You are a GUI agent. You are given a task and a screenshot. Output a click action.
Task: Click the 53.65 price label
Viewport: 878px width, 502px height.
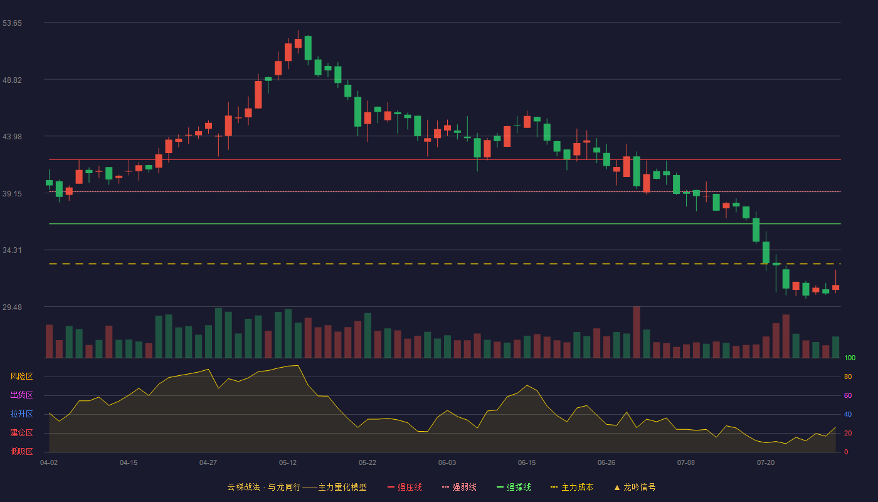(12, 23)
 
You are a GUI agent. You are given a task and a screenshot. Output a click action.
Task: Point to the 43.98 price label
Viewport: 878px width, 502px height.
(12, 137)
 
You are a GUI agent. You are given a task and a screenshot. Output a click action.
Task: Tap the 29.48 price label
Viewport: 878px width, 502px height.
(12, 307)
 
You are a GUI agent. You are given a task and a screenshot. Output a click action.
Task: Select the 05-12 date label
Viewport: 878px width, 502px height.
(288, 463)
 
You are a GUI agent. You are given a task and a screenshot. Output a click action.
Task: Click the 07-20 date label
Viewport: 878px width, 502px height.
(766, 463)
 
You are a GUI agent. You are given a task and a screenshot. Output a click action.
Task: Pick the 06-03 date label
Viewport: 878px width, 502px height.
(447, 463)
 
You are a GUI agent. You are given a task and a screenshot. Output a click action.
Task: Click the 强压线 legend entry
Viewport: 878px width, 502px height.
(405, 487)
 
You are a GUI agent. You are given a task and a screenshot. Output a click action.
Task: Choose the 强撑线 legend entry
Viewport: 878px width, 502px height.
(514, 487)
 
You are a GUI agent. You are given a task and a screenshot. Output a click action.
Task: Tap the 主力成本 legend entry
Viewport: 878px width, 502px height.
(572, 487)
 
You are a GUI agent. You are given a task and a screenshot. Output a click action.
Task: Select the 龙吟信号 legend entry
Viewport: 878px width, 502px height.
(635, 487)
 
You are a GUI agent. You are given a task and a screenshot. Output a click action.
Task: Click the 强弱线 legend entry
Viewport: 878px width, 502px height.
(459, 487)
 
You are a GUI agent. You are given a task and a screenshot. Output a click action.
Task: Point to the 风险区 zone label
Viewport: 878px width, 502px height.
(21, 376)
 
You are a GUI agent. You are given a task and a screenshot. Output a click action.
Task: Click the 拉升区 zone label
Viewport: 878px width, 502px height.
(21, 414)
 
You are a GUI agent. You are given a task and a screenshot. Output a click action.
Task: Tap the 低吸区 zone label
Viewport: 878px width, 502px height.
(21, 452)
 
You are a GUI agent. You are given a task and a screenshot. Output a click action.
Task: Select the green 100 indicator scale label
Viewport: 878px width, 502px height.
(850, 358)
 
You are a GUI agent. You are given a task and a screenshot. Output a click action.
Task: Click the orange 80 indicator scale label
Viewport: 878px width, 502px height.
(848, 376)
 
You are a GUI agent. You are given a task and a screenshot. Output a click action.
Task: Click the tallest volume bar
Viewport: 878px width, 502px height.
(637, 332)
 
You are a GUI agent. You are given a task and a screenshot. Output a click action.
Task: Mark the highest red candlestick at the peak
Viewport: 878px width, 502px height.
(298, 43)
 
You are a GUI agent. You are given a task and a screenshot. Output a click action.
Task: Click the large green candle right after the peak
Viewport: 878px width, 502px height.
(308, 48)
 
